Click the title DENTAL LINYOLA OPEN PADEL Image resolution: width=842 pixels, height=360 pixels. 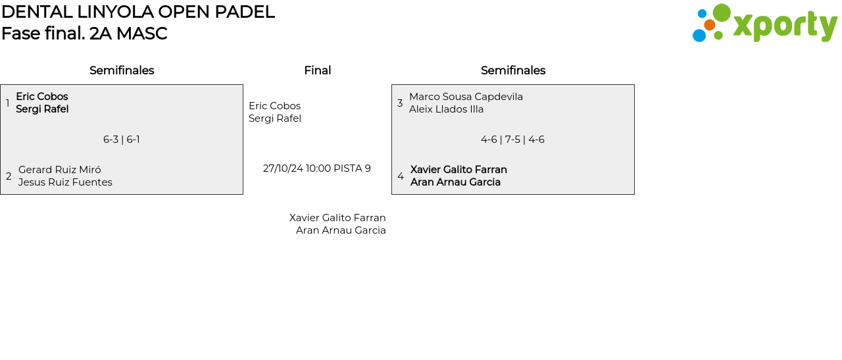point(137,12)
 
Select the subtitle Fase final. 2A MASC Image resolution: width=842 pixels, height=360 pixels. point(84,34)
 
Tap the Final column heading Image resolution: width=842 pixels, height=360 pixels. point(317,70)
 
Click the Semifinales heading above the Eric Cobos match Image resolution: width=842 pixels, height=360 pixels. point(122,70)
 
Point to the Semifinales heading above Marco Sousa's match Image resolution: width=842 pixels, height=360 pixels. point(513,70)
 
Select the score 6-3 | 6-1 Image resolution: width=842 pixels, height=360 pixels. point(122,140)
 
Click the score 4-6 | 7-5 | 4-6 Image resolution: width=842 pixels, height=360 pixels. point(512,140)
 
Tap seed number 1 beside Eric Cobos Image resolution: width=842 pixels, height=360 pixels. point(7,103)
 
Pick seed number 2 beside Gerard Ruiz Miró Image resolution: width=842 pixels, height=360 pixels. point(9,176)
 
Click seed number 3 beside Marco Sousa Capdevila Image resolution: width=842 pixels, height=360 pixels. point(400,103)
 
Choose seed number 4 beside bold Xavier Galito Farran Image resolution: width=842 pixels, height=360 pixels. point(401,176)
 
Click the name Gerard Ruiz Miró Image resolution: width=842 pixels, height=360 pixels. point(60,170)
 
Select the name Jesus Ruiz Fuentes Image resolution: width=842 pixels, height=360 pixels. point(65,182)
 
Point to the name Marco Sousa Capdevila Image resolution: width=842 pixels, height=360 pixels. point(466,97)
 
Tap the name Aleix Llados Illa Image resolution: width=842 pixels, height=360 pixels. point(446,109)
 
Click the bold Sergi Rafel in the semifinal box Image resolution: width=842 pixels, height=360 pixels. point(42,109)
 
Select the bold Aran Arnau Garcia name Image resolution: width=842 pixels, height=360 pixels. point(455,182)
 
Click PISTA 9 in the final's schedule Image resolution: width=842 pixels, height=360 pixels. point(352,168)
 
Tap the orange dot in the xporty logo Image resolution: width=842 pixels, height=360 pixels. point(709,25)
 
